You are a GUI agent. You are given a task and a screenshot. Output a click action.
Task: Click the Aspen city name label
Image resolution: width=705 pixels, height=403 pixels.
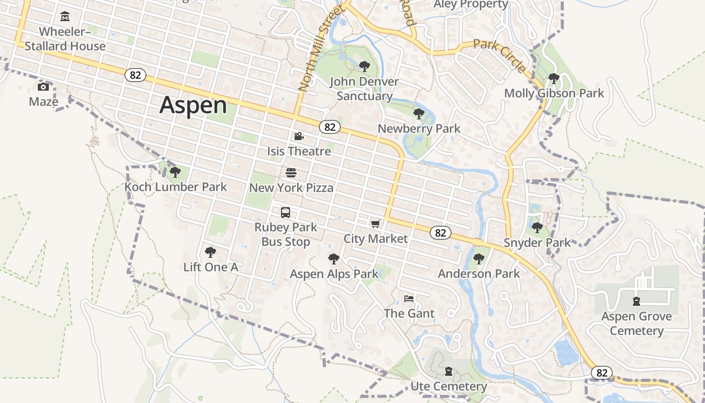[x=193, y=105]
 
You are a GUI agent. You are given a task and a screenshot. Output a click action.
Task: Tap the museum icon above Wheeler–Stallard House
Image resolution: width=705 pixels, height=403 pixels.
[x=65, y=17]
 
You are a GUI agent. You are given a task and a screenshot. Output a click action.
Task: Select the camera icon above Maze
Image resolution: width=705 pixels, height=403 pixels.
[x=43, y=87]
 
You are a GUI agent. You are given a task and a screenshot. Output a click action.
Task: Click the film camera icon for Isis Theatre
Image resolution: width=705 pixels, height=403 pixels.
[x=299, y=136]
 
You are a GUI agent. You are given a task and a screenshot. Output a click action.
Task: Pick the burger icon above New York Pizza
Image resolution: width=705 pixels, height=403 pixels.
[x=291, y=173]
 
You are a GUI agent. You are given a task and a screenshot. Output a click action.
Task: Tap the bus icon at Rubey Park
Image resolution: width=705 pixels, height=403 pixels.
[x=286, y=213]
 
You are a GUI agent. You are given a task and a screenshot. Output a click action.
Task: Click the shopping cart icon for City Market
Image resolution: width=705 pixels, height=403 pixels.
[x=375, y=224]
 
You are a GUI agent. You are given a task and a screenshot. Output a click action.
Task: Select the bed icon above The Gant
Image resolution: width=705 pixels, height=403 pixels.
[x=409, y=299]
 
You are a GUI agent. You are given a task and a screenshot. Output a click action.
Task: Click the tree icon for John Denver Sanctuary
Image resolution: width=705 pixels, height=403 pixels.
[x=364, y=66]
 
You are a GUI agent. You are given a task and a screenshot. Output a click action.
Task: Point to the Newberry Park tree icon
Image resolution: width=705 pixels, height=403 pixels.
[x=418, y=114]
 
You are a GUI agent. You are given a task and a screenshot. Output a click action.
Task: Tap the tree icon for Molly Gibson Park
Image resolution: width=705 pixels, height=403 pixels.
[x=553, y=79]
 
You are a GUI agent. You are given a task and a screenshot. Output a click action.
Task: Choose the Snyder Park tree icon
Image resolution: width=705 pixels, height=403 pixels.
[x=537, y=228]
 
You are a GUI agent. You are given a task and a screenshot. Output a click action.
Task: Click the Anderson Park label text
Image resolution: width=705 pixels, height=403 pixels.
[x=478, y=274]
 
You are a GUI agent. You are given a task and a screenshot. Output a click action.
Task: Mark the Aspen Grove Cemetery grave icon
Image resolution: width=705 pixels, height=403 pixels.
[x=637, y=301]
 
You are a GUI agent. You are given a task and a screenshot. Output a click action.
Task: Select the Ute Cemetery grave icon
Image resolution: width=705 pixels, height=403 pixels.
[x=449, y=372]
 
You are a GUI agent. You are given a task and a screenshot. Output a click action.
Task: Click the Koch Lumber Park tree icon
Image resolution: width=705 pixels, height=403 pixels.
[x=175, y=172]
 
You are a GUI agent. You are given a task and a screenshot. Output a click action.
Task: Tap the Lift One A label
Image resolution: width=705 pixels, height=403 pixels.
[x=210, y=267]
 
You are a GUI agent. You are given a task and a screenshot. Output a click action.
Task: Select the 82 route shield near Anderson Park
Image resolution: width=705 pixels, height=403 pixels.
[x=441, y=232]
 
